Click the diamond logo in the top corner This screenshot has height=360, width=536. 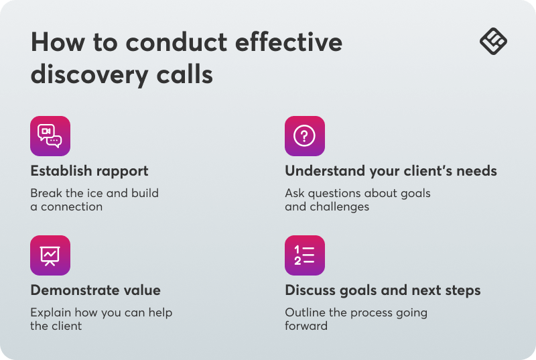pos(493,42)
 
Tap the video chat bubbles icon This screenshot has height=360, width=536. pos(50,136)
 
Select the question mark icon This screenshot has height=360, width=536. pos(305,136)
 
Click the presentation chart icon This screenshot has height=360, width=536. pos(50,255)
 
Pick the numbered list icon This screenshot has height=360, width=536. pos(305,255)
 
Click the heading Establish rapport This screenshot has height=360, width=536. pos(89,171)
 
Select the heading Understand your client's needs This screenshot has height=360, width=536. pos(391,171)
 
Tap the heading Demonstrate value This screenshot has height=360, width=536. pos(95,290)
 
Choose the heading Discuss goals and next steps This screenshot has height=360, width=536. pos(383,290)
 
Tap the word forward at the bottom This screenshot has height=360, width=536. pos(306,326)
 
